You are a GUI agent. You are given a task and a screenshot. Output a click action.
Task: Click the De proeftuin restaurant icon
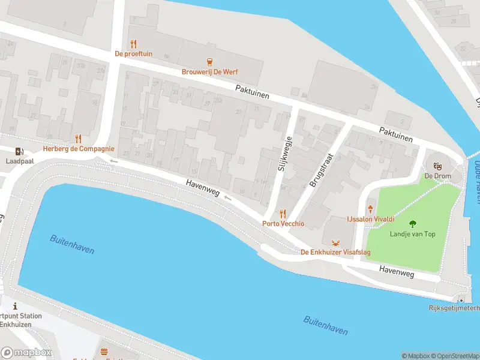coord(133,44)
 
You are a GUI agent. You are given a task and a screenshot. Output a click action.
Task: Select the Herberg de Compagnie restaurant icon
coord(78,139)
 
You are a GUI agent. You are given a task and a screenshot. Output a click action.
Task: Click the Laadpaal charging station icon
coord(20,151)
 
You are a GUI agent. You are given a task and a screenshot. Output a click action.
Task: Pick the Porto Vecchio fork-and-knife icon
coord(283,214)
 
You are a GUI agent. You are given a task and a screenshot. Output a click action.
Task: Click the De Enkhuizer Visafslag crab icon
coord(335,242)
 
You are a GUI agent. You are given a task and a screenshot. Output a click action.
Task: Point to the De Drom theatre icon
coord(437,165)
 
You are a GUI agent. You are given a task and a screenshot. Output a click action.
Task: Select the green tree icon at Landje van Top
coord(412,223)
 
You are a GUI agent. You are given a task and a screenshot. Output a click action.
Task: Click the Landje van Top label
coord(412,234)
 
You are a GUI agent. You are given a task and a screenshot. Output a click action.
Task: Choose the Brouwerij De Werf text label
coord(209,72)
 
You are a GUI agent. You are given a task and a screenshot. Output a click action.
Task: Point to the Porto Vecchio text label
coord(283,224)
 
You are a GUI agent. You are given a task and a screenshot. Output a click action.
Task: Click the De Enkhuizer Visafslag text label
coord(335,253)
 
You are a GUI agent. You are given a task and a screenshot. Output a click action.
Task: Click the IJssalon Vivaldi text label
coord(370,220)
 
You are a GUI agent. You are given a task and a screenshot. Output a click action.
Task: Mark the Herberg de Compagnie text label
coord(78,149)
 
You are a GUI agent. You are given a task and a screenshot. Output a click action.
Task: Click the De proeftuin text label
coord(133,54)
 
